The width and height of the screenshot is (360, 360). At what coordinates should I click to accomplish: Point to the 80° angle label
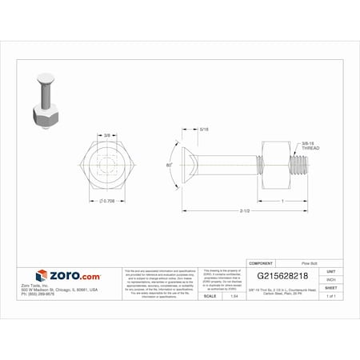[169, 164]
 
